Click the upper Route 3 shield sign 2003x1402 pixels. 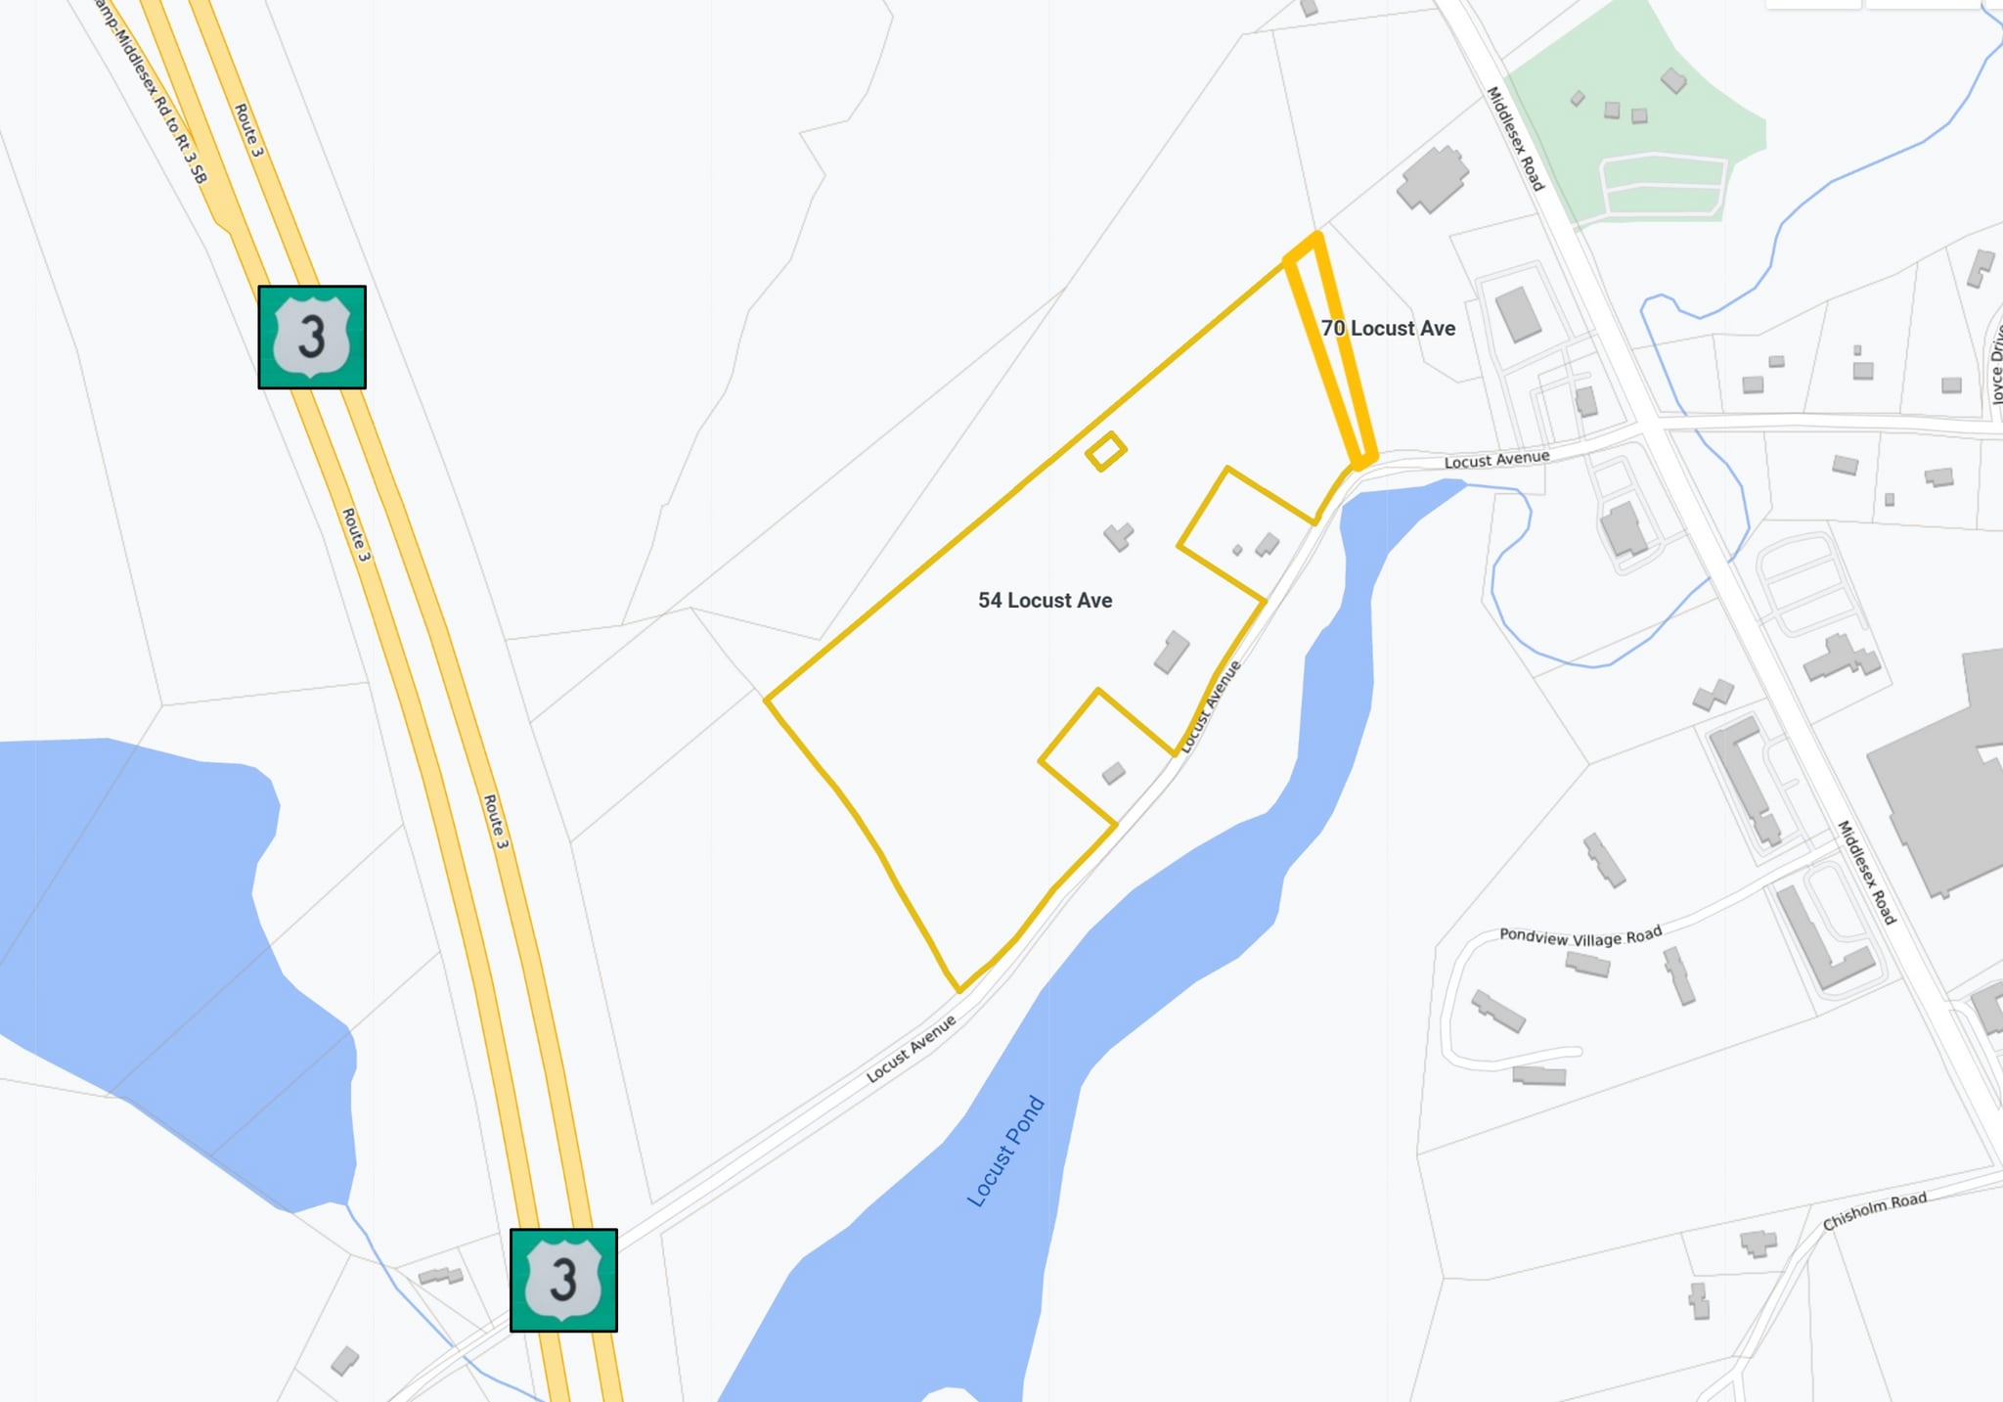pos(311,338)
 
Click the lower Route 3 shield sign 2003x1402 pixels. pos(563,1280)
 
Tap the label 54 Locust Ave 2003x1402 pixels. pos(1045,601)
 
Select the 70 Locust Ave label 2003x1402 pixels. pos(1388,329)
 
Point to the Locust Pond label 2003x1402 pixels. pos(1005,1152)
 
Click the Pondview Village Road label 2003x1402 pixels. pos(1580,936)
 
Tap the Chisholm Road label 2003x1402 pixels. pos(1874,1211)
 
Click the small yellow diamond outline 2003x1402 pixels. pos(1105,452)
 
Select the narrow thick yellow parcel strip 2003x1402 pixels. pos(1332,352)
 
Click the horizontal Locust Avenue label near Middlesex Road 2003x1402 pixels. pos(1496,459)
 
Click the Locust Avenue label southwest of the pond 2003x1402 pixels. pos(911,1050)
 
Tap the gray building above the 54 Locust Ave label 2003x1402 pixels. pos(1118,536)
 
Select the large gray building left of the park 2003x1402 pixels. pos(1432,179)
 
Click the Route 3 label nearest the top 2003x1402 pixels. pos(248,130)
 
